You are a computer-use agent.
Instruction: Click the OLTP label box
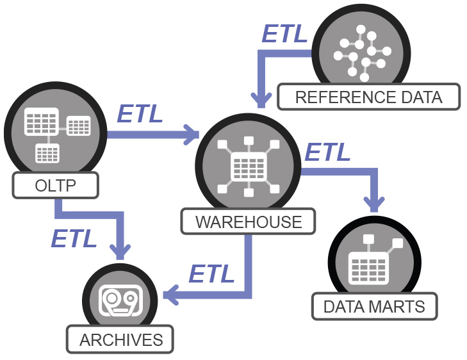55,186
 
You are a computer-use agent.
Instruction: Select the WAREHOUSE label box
249,222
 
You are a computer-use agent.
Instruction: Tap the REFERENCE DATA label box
368,97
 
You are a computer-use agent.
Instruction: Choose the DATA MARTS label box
374,306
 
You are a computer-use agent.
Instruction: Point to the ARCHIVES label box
121,339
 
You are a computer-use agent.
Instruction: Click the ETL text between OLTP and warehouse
140,114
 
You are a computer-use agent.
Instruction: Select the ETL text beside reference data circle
284,34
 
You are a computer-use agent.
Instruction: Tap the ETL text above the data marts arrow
327,152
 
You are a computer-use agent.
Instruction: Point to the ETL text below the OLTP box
74,238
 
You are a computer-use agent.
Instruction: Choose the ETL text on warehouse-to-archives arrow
211,274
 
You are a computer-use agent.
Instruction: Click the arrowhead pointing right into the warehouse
192,135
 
